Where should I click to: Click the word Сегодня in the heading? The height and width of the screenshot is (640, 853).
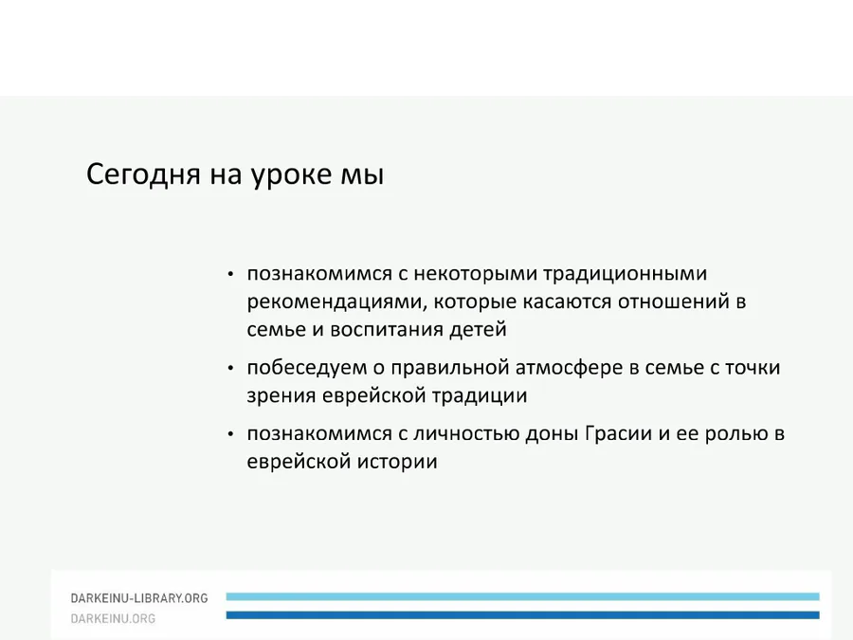point(143,175)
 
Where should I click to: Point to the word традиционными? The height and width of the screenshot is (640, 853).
point(626,274)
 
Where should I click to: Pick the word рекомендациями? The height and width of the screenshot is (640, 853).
point(336,302)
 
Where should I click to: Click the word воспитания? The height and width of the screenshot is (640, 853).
point(388,330)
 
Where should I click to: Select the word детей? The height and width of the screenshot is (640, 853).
point(479,330)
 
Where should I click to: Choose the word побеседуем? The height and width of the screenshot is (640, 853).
point(307,368)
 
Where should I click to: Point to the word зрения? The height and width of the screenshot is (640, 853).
point(281,396)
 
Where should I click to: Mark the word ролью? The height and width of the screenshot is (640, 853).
point(735,433)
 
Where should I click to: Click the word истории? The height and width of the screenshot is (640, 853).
point(397,462)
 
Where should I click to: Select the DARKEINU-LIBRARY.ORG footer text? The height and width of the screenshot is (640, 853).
point(139,598)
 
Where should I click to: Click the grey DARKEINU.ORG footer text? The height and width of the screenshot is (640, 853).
point(113,619)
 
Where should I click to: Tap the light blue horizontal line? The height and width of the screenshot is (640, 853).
point(523,597)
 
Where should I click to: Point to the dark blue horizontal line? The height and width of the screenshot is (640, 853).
point(523,615)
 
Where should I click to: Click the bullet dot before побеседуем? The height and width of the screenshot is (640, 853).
point(230,369)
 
